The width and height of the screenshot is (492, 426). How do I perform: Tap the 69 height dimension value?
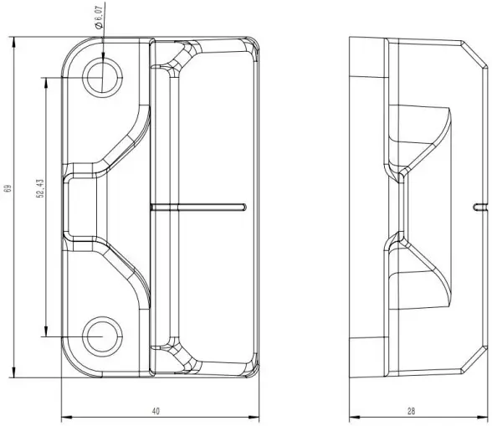(7, 189)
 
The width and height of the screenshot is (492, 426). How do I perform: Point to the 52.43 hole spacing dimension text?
(39, 189)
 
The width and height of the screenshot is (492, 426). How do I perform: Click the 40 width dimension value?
(156, 411)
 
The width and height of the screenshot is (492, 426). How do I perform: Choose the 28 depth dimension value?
(411, 411)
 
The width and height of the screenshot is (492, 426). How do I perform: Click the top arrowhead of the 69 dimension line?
(15, 40)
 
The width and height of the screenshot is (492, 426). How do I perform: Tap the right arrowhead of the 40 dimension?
(254, 417)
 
